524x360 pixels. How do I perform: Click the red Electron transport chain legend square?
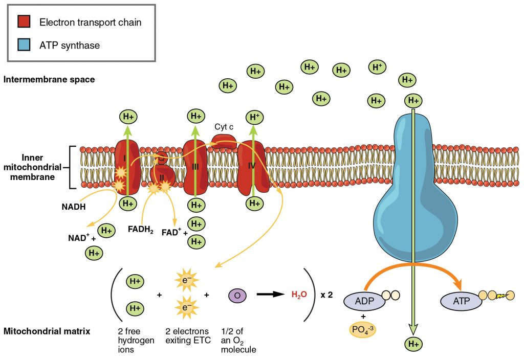[x=24, y=22]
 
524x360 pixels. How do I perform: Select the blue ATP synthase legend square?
[x=24, y=45]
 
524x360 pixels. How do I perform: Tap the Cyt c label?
[x=224, y=126]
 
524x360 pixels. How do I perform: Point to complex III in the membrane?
[x=195, y=166]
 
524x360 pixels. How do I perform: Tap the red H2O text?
[x=299, y=295]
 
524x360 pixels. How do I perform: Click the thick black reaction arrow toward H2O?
[x=270, y=295]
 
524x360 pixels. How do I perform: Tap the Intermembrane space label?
[x=49, y=79]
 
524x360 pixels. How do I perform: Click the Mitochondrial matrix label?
[x=47, y=331]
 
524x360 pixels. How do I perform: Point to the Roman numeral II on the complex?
[x=162, y=177]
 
